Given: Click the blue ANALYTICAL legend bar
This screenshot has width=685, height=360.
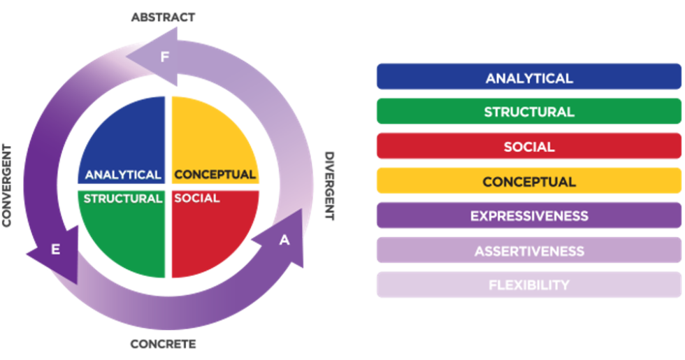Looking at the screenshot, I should pos(528,77).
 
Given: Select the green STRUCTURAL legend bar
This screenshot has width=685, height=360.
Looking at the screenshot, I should pos(528,112).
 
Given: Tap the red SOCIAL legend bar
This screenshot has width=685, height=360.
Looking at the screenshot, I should pos(528,147).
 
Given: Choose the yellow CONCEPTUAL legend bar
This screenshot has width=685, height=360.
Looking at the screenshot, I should pos(528,181).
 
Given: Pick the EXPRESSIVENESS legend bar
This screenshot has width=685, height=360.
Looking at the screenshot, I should pos(528,215).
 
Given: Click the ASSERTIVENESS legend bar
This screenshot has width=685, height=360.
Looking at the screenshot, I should pos(528,250).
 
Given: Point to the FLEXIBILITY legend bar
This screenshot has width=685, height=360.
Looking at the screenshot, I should pos(528,285).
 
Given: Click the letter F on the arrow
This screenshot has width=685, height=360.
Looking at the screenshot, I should pos(165,57).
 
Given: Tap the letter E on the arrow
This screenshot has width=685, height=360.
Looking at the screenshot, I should pos(55,250).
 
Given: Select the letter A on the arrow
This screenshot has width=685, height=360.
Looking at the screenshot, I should pos(284,240).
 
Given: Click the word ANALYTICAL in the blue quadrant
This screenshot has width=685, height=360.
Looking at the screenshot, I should pos(123,175).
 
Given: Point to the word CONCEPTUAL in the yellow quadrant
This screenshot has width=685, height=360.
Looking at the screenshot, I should pos(215,175).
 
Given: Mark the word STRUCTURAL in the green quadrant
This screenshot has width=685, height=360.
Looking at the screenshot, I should pos(123,199).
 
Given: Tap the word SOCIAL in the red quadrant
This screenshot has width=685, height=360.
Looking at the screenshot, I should pos(196,199).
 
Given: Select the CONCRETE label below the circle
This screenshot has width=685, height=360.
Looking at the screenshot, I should pos(164,344).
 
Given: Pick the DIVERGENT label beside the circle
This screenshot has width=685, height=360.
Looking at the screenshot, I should pos(329,185).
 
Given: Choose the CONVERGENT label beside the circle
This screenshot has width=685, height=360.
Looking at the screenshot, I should pos(7,185).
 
